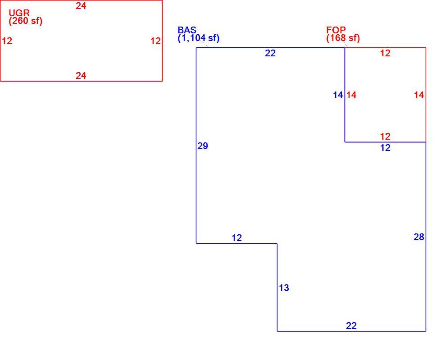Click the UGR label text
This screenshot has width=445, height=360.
[x=19, y=13]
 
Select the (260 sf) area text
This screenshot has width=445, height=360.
[x=26, y=21]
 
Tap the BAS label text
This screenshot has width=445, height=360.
[x=187, y=30]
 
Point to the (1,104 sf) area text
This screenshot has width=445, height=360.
[x=199, y=38]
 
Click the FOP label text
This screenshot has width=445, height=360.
[x=336, y=30]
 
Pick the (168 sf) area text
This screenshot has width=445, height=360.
[x=343, y=38]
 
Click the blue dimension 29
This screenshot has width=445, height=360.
[x=203, y=146]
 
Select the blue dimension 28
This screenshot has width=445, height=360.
[x=419, y=237]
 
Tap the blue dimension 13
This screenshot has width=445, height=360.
[x=284, y=288]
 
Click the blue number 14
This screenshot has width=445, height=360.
[x=338, y=95]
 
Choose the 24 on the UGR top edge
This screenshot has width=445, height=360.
[x=81, y=6]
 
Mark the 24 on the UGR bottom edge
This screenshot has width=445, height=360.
[x=81, y=76]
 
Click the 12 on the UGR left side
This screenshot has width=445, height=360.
[x=7, y=41]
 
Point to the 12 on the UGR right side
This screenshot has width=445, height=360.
[x=155, y=41]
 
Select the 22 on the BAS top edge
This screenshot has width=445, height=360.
[x=270, y=53]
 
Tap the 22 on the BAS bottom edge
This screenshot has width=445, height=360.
[x=351, y=326]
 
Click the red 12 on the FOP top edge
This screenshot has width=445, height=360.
[x=385, y=53]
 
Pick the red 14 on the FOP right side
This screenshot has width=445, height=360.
[x=419, y=95]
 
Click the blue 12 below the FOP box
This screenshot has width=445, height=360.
[x=385, y=148]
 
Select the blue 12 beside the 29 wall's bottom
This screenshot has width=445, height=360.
[x=237, y=238]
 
